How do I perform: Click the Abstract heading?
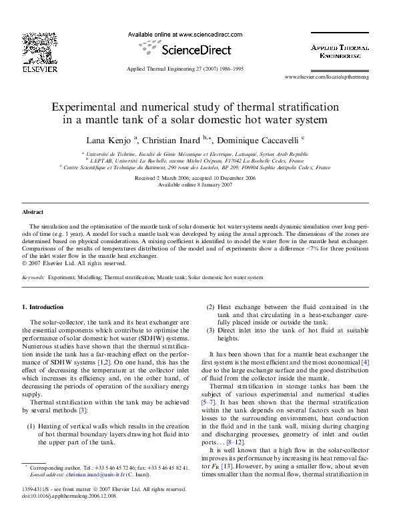(x=33, y=211)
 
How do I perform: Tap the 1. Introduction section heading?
(x=43, y=307)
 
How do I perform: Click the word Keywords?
(x=34, y=276)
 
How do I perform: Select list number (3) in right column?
(x=211, y=331)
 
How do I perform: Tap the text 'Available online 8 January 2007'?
(x=198, y=186)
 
